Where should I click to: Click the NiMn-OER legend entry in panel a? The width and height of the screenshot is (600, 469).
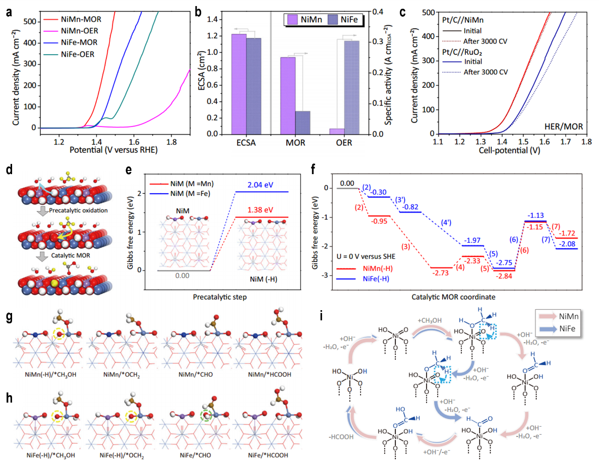click(79, 31)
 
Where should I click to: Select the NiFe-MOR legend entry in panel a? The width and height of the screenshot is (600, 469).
click(79, 42)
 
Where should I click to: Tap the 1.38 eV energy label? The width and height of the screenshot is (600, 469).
click(260, 210)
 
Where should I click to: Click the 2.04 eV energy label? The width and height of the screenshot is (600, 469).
click(260, 185)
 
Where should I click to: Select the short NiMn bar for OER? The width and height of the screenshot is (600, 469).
click(337, 131)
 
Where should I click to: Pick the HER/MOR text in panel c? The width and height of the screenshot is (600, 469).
click(563, 126)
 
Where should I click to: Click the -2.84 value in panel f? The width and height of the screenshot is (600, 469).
click(504, 276)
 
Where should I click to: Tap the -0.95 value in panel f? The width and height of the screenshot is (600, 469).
click(379, 221)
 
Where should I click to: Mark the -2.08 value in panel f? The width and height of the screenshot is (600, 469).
click(567, 244)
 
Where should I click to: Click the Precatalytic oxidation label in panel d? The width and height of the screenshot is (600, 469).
click(78, 210)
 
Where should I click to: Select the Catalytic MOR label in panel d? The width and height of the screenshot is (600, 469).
click(71, 255)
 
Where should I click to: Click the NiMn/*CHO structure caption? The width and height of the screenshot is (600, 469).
click(195, 374)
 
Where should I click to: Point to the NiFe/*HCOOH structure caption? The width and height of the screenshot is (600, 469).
click(268, 455)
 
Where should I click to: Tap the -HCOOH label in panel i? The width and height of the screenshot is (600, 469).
click(341, 437)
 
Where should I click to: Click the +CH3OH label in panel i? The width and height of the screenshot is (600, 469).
click(430, 320)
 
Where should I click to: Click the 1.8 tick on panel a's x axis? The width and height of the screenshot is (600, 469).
click(171, 142)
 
